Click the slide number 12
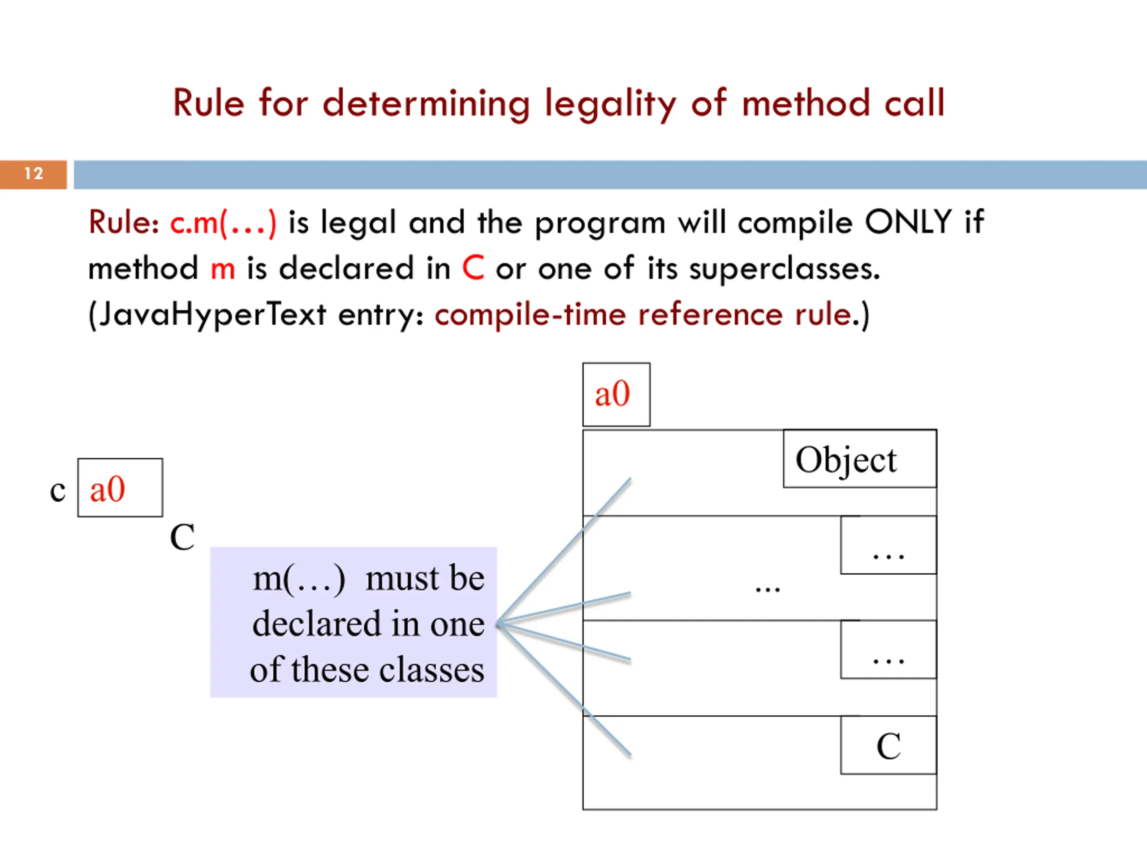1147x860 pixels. pos(34,174)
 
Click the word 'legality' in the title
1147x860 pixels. pos(610,103)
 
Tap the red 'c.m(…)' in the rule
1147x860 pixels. pos(223,223)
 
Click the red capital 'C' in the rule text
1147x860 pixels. pos(473,268)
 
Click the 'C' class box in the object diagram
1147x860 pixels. pos(888,745)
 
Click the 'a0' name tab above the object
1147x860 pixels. pos(616,395)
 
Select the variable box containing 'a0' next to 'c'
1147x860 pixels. pos(120,488)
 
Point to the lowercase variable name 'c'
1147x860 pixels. pos(57,490)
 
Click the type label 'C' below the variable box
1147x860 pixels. pos(182,537)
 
